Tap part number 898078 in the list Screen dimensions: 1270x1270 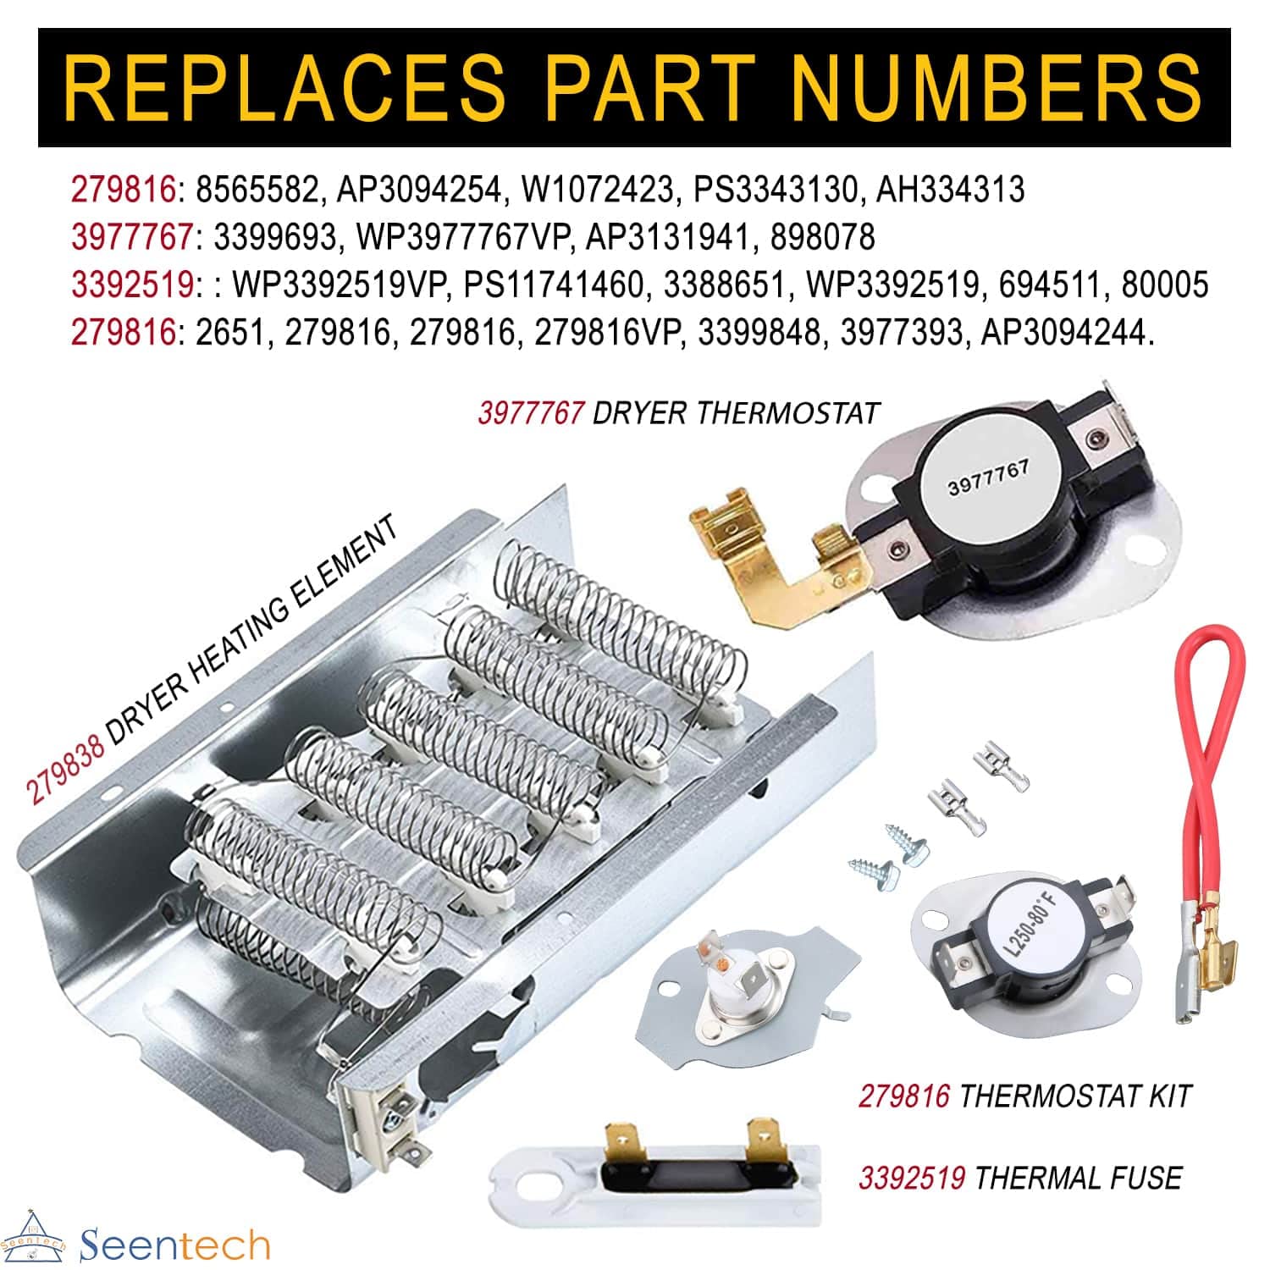tap(822, 237)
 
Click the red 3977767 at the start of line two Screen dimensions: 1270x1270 tap(132, 237)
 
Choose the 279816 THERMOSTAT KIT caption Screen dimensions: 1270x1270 tap(1024, 1096)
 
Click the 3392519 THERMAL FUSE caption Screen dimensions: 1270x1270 tap(1020, 1178)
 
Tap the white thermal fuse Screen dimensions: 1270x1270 tap(657, 1172)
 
